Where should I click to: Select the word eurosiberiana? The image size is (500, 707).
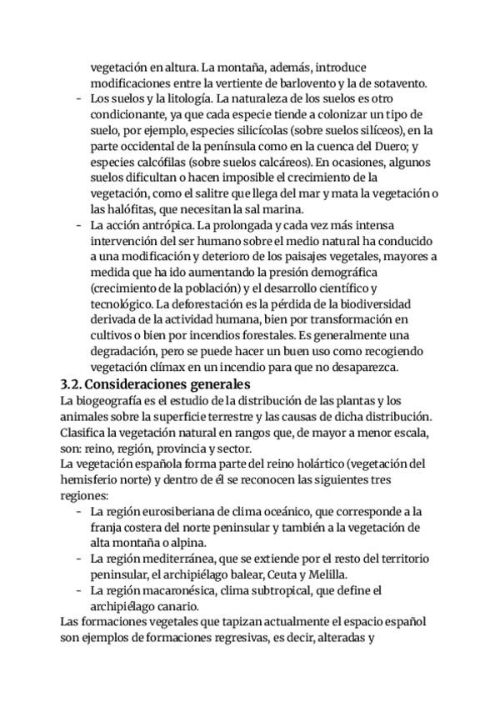click(174, 511)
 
